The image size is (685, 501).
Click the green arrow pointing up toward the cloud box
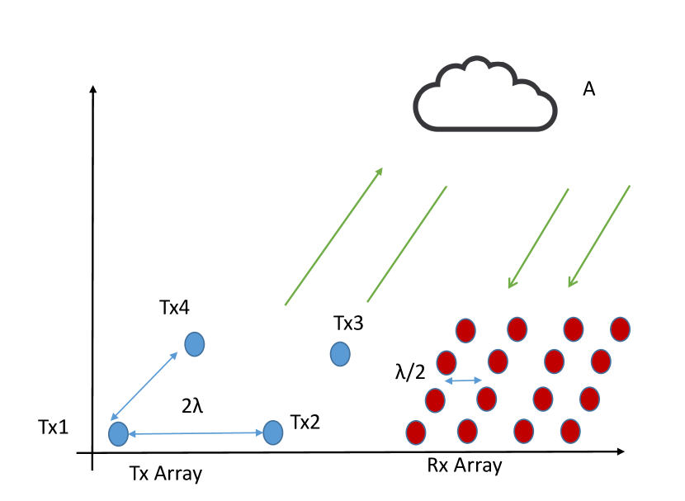click(x=334, y=236)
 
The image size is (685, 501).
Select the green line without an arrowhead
click(x=407, y=244)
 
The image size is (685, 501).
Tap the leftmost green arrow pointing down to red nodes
click(x=538, y=239)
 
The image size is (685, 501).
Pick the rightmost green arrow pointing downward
click(x=599, y=237)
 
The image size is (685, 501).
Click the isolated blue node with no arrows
click(x=340, y=354)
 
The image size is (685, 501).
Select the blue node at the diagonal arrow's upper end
click(x=195, y=344)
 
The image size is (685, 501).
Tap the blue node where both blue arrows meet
click(x=118, y=434)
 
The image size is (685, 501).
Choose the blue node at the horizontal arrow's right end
click(x=273, y=432)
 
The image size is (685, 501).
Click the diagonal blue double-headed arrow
click(x=144, y=386)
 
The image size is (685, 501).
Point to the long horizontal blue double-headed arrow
click(x=196, y=433)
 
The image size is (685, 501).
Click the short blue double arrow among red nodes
click(x=463, y=380)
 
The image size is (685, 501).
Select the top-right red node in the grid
click(x=621, y=329)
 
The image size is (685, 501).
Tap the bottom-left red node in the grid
click(x=416, y=432)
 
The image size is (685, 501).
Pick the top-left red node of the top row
click(x=465, y=330)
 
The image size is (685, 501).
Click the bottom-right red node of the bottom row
click(x=570, y=431)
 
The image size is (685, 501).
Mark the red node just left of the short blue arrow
click(x=435, y=400)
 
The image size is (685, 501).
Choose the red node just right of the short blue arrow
click(x=487, y=399)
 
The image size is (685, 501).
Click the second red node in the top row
click(x=517, y=329)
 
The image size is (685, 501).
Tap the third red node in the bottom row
click(x=524, y=431)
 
